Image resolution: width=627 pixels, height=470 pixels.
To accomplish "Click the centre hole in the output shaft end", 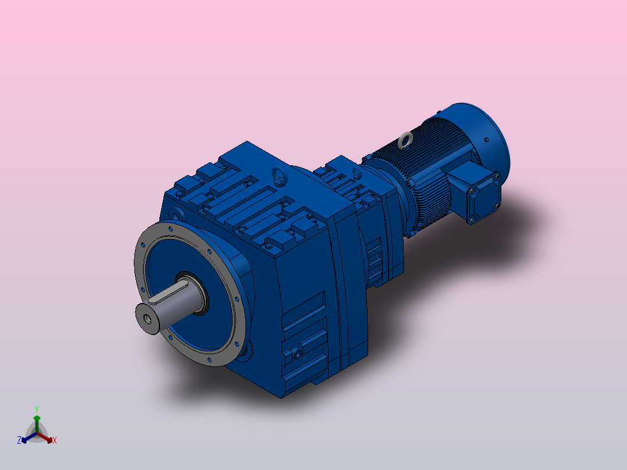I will [146, 318].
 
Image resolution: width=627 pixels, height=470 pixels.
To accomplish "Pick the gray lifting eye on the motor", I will [405, 139].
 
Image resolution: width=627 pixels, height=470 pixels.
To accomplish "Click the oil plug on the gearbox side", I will [298, 352].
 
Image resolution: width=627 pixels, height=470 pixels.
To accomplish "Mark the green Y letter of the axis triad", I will [36, 409].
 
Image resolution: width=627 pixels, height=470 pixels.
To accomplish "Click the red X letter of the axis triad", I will [55, 441].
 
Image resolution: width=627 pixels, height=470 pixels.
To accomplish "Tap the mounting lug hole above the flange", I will [176, 215].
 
